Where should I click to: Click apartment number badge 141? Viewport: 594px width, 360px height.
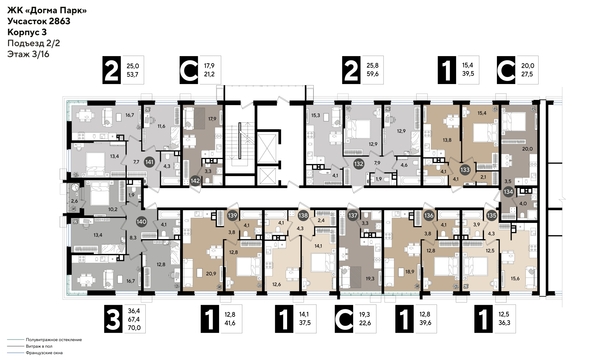click(x=148, y=160)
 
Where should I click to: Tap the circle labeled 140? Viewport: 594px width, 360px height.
click(x=141, y=220)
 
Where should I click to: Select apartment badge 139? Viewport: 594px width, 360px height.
click(x=232, y=214)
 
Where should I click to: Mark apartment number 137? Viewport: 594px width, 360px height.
click(x=352, y=214)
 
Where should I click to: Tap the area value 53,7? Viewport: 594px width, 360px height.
click(x=133, y=76)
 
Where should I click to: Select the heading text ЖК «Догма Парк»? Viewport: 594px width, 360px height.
click(x=46, y=10)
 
